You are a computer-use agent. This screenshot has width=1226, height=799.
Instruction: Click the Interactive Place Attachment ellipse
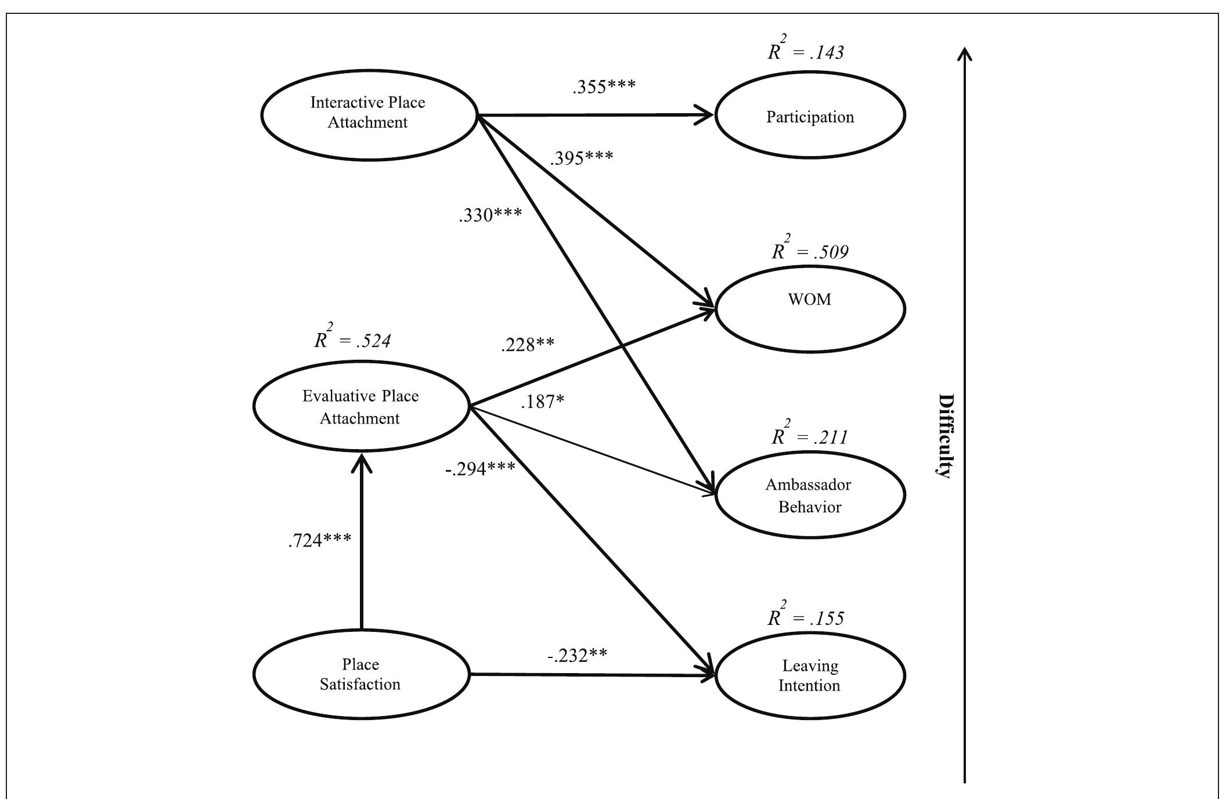369,114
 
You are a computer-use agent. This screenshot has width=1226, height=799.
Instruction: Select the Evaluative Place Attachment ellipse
360,406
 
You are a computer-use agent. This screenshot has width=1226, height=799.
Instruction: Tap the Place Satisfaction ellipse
360,674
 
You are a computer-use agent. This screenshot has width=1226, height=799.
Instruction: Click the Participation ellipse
810,115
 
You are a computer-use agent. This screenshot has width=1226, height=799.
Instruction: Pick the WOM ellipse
810,309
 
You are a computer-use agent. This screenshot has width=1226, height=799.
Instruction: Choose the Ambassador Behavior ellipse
810,495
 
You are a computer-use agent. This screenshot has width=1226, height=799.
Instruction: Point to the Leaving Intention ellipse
810,675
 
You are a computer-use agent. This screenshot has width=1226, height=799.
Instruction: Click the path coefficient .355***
604,86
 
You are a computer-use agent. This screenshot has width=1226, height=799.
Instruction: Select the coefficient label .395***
582,158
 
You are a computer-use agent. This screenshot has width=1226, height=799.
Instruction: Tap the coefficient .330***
491,215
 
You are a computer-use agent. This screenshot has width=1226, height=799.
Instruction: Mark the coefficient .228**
528,345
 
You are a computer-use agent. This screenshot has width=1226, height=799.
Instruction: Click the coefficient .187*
543,402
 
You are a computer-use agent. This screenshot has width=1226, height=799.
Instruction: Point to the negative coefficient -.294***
480,469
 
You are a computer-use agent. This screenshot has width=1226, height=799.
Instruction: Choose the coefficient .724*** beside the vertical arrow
320,540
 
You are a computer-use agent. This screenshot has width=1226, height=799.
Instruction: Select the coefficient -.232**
577,656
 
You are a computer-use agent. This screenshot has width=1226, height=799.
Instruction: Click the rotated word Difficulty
946,435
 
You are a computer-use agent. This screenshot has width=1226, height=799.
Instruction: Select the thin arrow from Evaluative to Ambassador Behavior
592,451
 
